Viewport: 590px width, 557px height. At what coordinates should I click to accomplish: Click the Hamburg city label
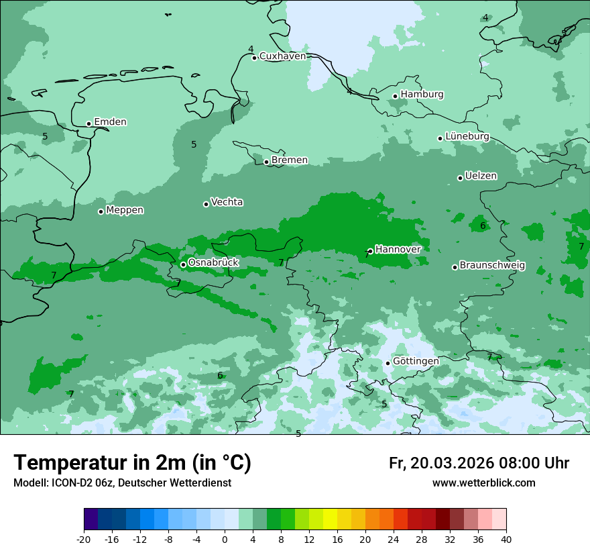[x=422, y=95]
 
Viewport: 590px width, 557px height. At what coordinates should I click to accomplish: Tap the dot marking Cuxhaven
[x=255, y=58]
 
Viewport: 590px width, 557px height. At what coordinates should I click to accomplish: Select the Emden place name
[x=110, y=122]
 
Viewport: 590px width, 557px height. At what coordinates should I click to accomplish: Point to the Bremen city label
[x=289, y=160]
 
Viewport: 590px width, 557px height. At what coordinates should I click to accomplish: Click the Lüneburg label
[x=467, y=137]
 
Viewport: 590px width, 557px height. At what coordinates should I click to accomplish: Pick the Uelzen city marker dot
[x=461, y=178]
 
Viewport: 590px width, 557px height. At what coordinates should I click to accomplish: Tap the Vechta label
[x=227, y=203]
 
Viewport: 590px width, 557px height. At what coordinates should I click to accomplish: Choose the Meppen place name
[x=125, y=211]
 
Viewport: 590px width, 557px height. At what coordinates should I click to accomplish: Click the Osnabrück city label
[x=213, y=263]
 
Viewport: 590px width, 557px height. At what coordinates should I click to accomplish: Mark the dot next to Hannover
[x=370, y=251]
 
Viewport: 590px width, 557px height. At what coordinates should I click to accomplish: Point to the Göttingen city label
[x=416, y=362]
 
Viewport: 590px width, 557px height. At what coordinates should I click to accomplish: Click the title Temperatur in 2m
[x=132, y=463]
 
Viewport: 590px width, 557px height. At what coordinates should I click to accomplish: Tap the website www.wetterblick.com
[x=483, y=483]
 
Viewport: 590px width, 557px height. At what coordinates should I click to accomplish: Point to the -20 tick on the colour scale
[x=84, y=540]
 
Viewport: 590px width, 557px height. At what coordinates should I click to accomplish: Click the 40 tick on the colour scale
[x=506, y=540]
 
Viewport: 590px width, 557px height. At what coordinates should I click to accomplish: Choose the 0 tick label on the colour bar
[x=225, y=540]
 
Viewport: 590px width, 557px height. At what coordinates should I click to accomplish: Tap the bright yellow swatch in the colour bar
[x=330, y=519]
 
